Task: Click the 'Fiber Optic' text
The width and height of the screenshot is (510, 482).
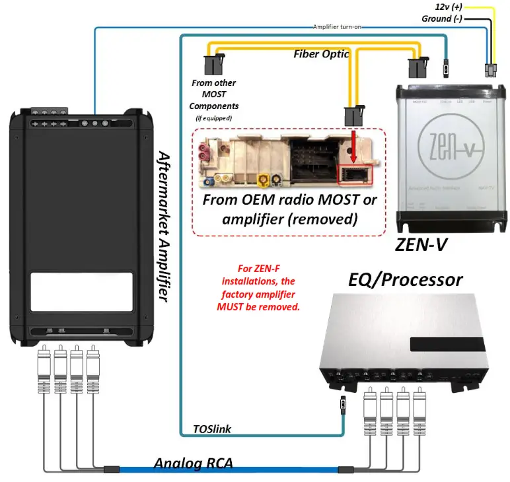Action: (321, 54)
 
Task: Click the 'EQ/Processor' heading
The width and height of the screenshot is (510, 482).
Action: (405, 279)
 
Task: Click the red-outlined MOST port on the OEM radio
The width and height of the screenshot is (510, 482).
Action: (355, 174)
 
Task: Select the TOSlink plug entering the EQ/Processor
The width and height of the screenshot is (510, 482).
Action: (342, 403)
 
